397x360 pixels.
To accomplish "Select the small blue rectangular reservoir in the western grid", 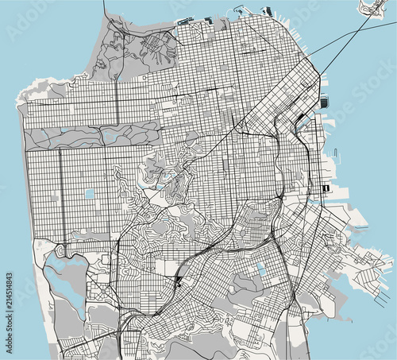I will (90, 193).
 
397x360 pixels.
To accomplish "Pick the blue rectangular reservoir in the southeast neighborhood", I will (261, 270).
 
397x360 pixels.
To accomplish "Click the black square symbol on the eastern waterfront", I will (326, 188).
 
